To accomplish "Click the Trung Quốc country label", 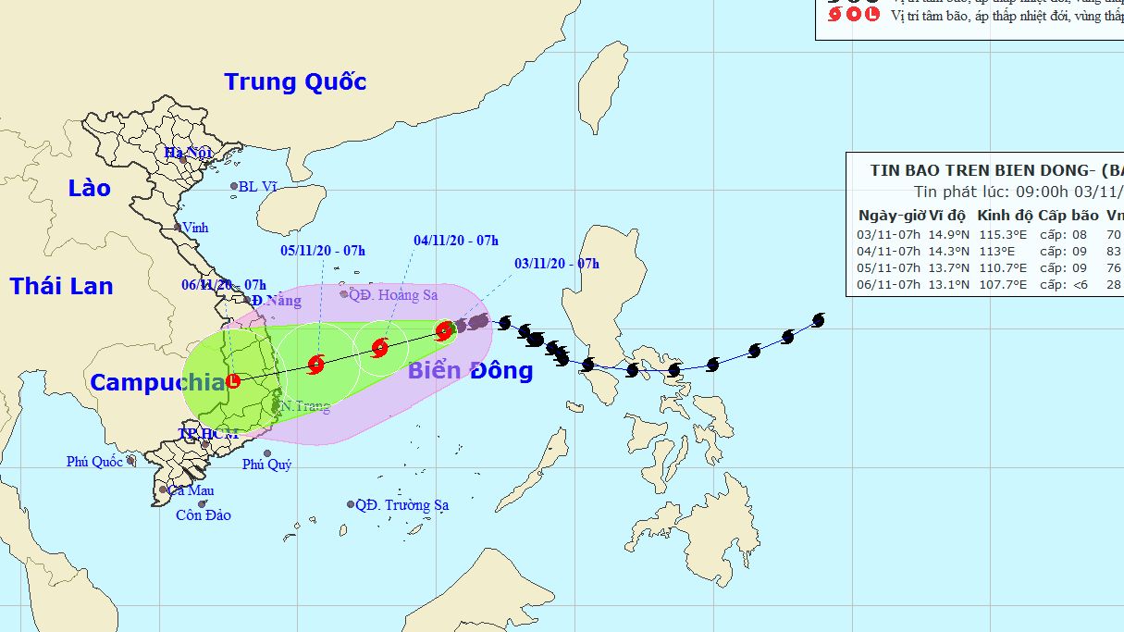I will (x=295, y=82).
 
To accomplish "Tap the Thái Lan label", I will (x=62, y=286).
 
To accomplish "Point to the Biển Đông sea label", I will (x=470, y=371).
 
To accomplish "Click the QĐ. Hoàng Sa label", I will (x=393, y=295).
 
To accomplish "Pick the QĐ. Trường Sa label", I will (x=401, y=505).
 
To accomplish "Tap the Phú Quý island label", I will (x=266, y=465).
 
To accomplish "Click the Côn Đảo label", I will (x=204, y=515).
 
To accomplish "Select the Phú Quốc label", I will (x=94, y=462).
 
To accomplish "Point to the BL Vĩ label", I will (x=257, y=187).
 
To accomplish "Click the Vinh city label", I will (x=195, y=228).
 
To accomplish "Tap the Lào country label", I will (x=89, y=189).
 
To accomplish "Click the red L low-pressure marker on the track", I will (x=234, y=380).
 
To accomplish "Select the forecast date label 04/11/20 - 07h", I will (x=456, y=241).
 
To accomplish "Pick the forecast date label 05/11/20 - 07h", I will (x=323, y=250).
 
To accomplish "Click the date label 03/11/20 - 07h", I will (x=557, y=264).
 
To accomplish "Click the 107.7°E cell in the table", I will (x=1003, y=284).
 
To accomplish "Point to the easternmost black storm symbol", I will (x=818, y=320).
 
